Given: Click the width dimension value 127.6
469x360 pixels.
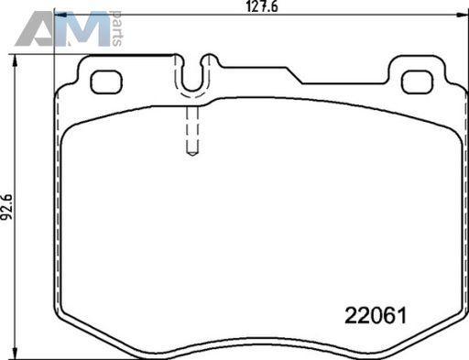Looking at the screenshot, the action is coord(262,6).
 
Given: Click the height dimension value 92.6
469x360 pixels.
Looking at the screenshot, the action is coord(6,206).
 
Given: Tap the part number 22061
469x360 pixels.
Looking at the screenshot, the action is coord(376,315).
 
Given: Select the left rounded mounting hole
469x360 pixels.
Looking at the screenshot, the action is coord(106,82).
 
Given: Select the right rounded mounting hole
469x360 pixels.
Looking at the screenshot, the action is coord(417,82).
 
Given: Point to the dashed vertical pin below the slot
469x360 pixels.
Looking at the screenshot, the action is coord(192,130).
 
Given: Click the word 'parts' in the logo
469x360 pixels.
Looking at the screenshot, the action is coord(117,28).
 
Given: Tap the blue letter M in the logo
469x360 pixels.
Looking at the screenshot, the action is coord(82,29).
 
